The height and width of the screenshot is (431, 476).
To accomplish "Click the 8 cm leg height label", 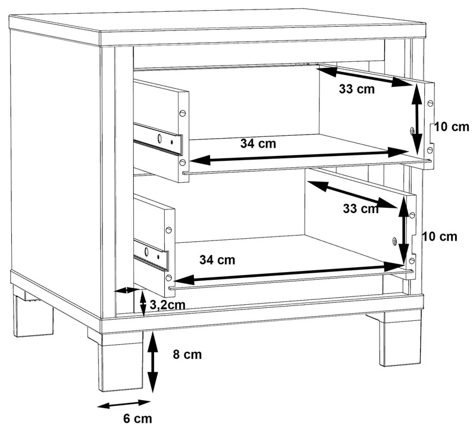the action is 187,354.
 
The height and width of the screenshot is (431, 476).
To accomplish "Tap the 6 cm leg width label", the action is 137,418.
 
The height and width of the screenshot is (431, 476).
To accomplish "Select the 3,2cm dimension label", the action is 167,305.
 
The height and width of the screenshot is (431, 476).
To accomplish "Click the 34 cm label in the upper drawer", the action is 258,143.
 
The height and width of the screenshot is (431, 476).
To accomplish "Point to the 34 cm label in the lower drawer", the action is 217,260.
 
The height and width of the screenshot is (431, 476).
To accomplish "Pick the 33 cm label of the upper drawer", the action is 356,89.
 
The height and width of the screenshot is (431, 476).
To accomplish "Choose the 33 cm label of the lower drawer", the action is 361,209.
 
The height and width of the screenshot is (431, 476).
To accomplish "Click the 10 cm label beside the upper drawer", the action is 452,127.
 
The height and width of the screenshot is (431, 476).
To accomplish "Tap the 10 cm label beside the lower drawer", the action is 440,236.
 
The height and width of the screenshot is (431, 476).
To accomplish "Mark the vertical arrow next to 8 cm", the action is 152,363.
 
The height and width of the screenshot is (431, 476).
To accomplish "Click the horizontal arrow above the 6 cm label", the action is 124,404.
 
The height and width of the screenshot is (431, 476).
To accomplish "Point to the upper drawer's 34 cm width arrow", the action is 299,156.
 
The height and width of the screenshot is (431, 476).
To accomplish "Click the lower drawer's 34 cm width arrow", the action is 287,273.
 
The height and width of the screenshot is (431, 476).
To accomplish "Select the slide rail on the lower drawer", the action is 151,255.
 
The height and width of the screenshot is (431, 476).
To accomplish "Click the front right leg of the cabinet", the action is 400,339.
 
